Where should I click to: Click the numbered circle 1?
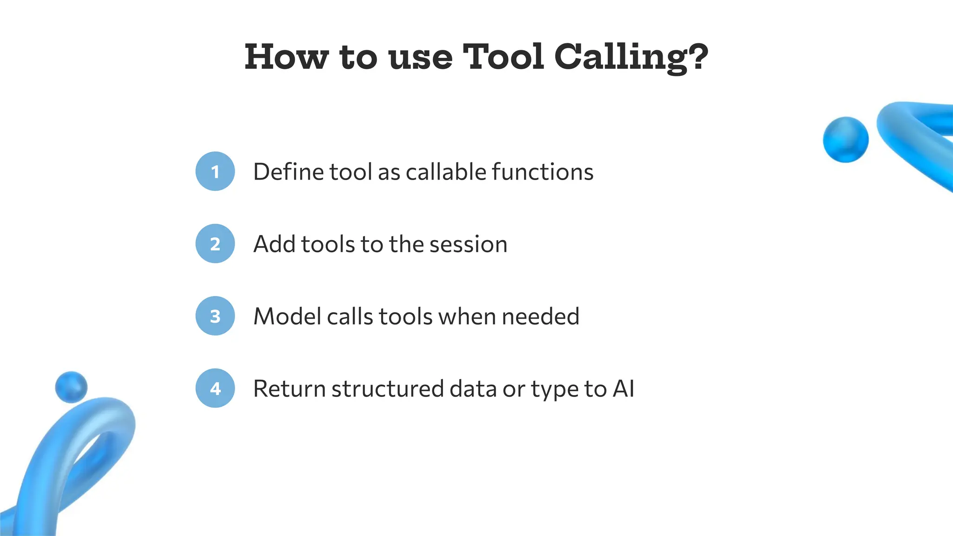215,171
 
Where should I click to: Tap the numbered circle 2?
215,244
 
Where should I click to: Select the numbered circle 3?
215,316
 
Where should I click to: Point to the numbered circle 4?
215,389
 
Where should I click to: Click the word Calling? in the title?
631,58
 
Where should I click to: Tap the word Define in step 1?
289,172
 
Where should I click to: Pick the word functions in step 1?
543,172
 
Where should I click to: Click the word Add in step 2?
274,244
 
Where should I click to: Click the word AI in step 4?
624,389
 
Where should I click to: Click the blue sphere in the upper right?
846,140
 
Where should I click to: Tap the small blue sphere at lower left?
71,387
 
